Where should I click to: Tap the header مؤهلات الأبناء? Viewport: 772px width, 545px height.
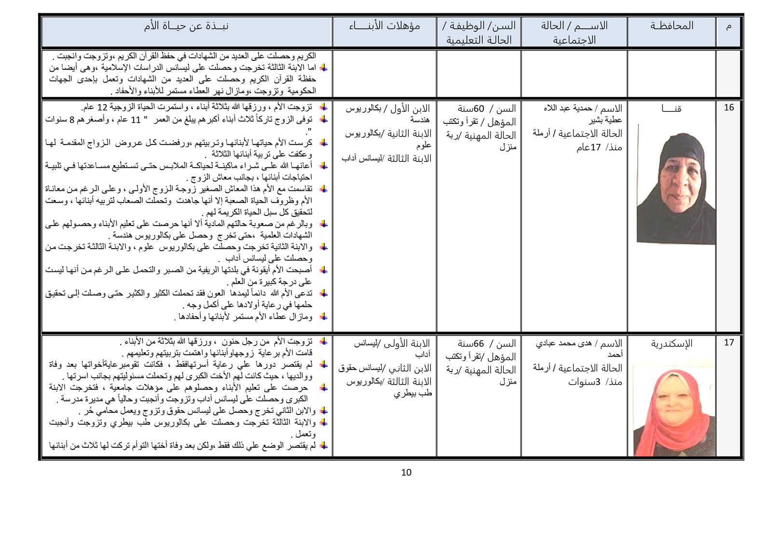click(x=385, y=26)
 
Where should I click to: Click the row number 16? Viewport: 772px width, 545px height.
click(x=729, y=107)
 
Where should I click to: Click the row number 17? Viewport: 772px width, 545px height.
click(x=729, y=343)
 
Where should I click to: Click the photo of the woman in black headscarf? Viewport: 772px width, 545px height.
click(x=675, y=184)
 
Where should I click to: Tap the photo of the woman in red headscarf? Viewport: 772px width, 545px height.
click(x=674, y=410)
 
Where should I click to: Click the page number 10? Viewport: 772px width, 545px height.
click(x=406, y=473)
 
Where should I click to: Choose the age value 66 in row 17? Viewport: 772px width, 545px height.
click(x=478, y=344)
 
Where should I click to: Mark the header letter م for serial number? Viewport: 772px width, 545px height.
click(x=729, y=26)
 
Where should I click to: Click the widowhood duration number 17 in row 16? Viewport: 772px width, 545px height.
click(x=596, y=147)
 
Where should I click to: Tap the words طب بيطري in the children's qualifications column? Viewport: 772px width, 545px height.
click(x=413, y=393)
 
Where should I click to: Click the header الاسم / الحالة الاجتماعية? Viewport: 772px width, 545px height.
click(x=574, y=32)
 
